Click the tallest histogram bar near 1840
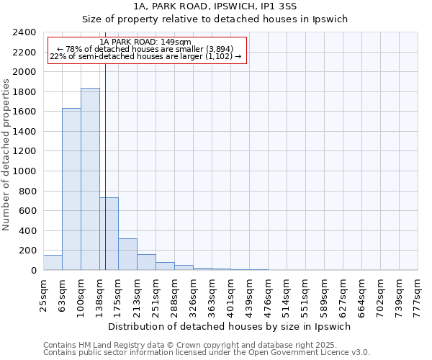90,179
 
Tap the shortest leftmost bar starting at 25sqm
53,263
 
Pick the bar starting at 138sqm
109,234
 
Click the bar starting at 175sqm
127,254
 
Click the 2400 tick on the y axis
24,33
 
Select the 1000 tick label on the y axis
24,171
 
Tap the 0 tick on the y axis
33,271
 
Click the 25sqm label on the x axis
44,293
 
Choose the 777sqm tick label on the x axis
418,293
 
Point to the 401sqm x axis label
231,293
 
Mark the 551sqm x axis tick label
306,293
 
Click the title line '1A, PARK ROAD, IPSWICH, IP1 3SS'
215,6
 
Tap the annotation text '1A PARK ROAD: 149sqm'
146,42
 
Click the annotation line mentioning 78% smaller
146,50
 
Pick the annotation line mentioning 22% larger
146,57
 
